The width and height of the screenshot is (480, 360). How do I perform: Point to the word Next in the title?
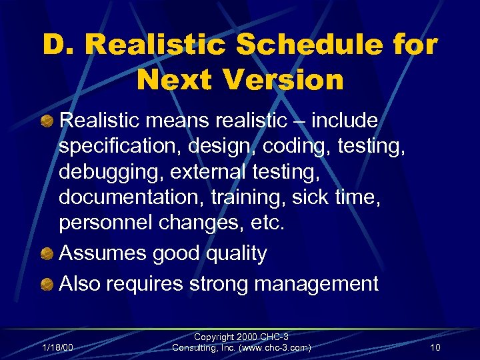click(175, 80)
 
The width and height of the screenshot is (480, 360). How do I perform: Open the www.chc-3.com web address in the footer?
click(281, 347)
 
